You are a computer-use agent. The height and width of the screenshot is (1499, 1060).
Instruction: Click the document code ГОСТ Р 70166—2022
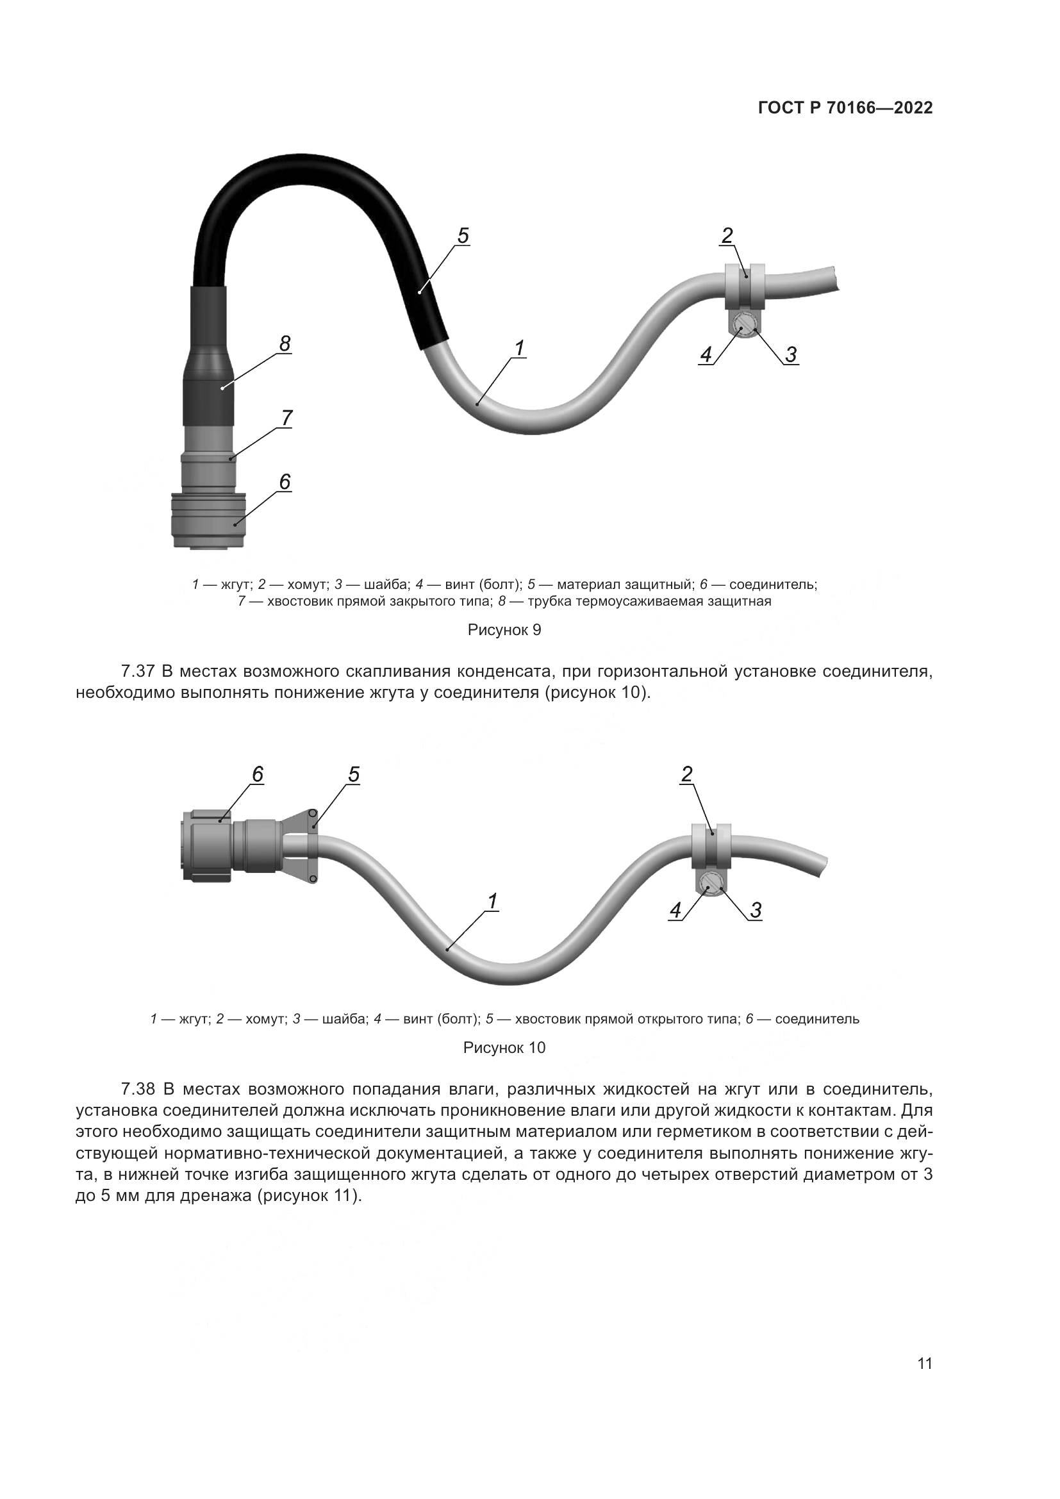click(845, 108)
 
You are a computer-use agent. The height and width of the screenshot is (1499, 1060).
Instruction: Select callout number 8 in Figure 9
click(285, 344)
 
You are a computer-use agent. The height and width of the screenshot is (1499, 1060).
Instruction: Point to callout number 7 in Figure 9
click(286, 417)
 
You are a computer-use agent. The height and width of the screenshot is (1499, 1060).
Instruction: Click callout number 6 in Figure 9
click(285, 482)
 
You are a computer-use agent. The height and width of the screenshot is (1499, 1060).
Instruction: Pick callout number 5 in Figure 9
click(463, 236)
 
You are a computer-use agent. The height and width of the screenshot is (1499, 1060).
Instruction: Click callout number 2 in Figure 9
click(727, 236)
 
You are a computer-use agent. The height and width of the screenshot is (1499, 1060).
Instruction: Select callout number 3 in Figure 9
click(790, 355)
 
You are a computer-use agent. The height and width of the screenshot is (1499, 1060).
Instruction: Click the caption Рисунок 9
click(504, 630)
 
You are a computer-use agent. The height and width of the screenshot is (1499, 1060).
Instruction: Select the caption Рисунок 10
click(504, 1048)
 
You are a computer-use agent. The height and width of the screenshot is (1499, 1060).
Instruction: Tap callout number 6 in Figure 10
click(258, 774)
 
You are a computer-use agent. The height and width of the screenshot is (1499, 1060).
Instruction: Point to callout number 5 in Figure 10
click(353, 774)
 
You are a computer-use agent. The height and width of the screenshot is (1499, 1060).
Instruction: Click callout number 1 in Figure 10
click(493, 902)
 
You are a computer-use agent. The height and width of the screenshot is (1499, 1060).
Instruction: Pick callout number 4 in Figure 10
click(675, 910)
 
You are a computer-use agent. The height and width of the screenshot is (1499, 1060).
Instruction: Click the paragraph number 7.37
click(138, 671)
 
